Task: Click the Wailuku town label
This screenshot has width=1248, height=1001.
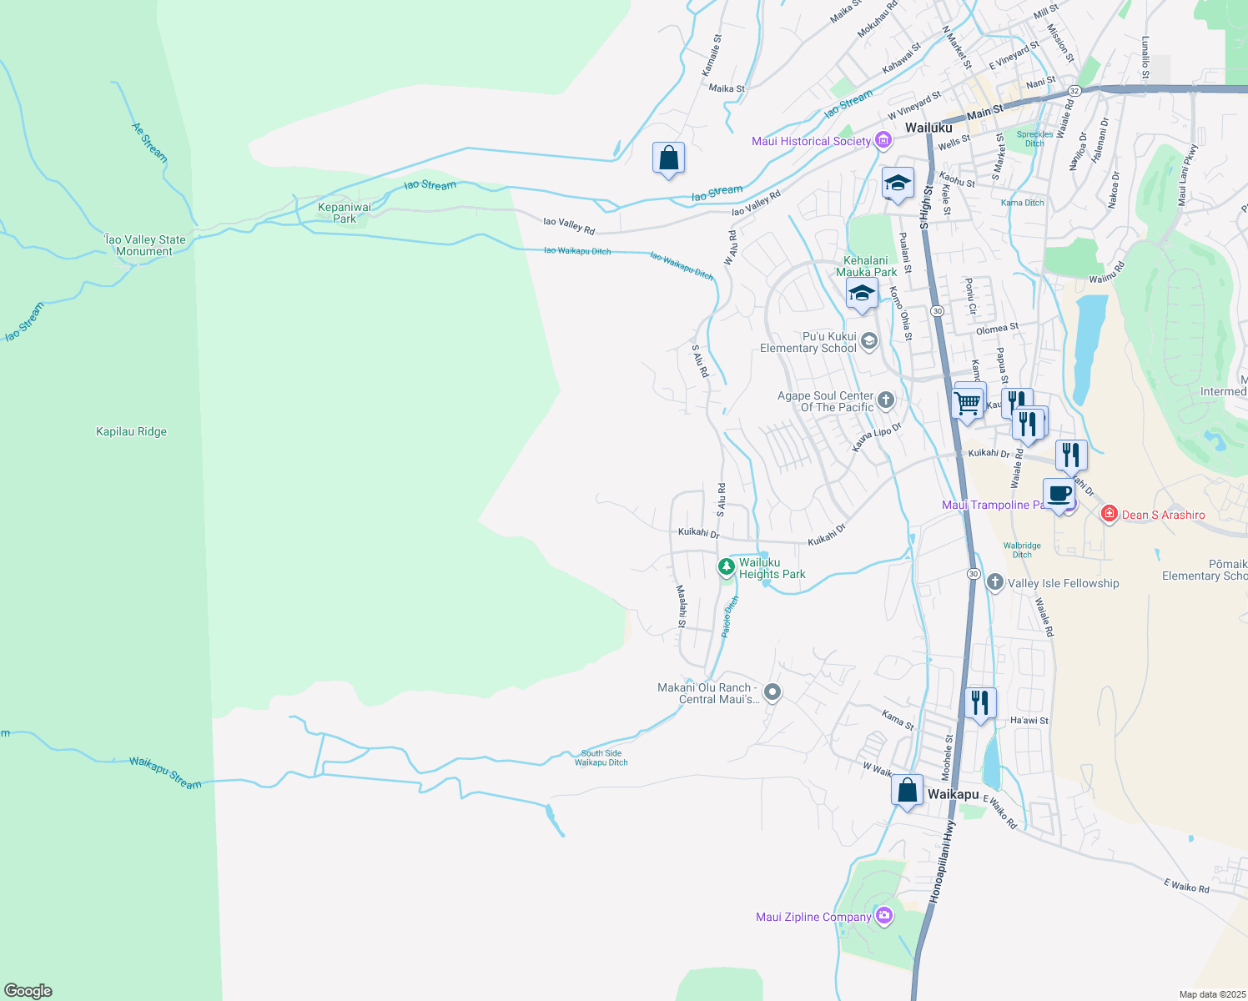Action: tap(928, 128)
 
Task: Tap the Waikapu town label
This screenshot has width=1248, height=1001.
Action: tap(953, 794)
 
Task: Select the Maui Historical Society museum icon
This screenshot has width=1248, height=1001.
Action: tap(883, 141)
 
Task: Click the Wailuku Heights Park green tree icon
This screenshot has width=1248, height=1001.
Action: tap(727, 568)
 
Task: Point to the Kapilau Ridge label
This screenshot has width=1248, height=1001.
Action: tap(131, 431)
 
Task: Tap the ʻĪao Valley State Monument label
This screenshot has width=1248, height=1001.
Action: tap(144, 245)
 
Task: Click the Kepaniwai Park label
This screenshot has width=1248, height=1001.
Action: tap(345, 213)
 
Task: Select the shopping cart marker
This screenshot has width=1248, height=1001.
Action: tap(968, 403)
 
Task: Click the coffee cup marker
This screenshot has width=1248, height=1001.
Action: tap(1059, 493)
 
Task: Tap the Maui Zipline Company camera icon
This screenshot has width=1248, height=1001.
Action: tap(884, 917)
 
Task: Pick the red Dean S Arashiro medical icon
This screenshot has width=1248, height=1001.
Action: tap(1110, 515)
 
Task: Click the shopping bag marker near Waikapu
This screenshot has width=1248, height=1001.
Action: tap(907, 789)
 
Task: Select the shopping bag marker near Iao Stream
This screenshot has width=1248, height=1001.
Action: tap(668, 157)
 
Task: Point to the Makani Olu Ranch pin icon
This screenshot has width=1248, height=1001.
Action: tap(772, 692)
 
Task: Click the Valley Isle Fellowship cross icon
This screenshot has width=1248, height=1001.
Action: tap(994, 582)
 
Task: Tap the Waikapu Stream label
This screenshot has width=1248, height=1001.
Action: tap(165, 773)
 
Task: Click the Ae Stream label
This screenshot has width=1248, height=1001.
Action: tap(149, 142)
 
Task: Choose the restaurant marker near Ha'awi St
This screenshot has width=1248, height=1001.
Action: tap(980, 702)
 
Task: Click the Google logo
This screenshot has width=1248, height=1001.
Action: tap(28, 990)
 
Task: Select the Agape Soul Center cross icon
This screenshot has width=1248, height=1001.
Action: tap(886, 401)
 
